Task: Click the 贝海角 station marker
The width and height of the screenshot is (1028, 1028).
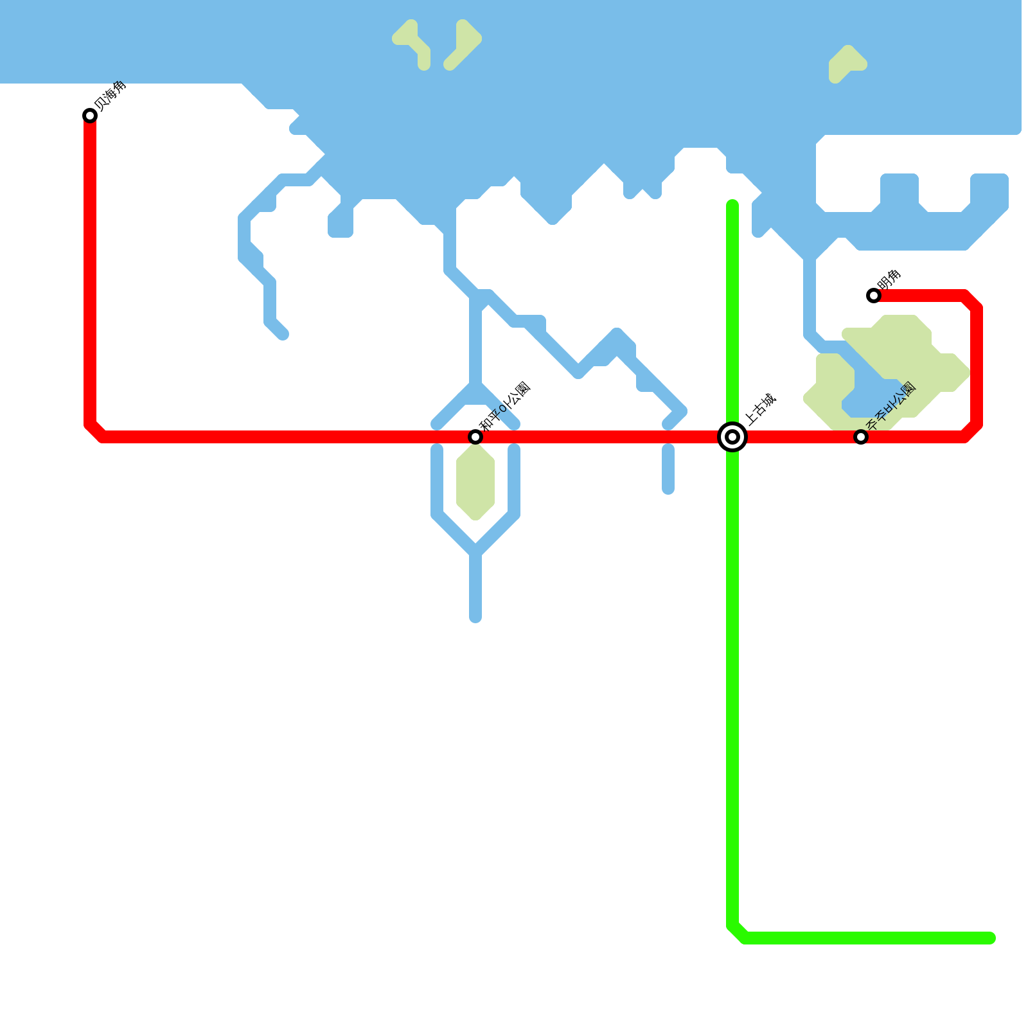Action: point(90,116)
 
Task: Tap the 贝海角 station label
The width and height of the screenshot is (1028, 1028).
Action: point(111,96)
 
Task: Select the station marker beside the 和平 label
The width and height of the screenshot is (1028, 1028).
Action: point(475,437)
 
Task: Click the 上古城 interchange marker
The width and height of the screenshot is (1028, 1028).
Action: point(732,437)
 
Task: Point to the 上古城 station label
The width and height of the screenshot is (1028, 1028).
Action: point(761,409)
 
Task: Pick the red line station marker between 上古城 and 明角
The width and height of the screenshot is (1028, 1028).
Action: point(861,437)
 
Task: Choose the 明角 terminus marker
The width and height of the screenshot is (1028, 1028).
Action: point(874,296)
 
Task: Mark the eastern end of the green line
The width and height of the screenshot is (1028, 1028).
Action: point(991,938)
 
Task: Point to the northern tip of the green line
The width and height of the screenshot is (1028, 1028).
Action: point(732,205)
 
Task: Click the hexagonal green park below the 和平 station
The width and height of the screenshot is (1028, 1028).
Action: point(475,482)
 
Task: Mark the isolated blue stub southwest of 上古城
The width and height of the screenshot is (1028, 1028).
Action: point(668,469)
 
